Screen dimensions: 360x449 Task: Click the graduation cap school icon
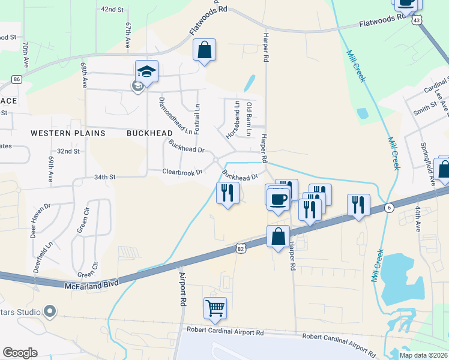click(x=146, y=72)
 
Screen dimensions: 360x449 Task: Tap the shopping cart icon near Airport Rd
click(x=215, y=308)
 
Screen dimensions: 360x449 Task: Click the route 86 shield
click(x=16, y=79)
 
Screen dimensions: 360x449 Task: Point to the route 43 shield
click(x=417, y=20)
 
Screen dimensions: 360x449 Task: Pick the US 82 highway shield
click(x=241, y=248)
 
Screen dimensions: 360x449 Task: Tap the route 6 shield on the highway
click(x=389, y=207)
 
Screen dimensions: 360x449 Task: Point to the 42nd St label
click(x=112, y=10)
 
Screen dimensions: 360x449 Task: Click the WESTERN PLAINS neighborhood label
click(x=68, y=133)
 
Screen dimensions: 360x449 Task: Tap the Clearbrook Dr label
click(x=183, y=172)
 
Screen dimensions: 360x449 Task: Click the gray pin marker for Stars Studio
click(x=50, y=311)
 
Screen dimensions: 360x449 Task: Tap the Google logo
click(x=20, y=352)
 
